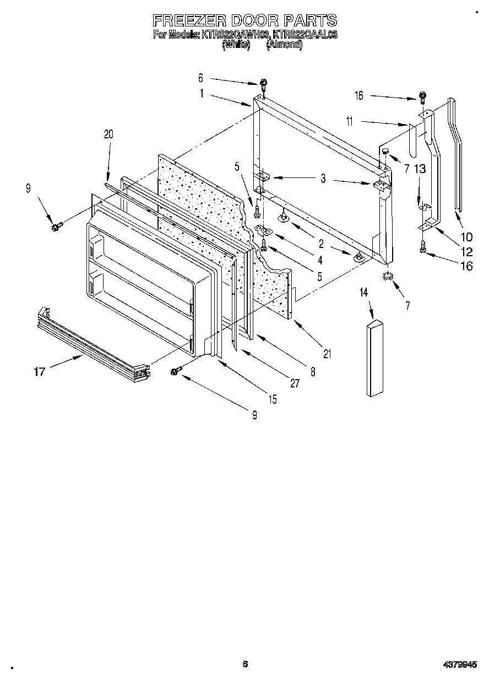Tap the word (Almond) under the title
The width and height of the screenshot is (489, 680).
[x=284, y=45]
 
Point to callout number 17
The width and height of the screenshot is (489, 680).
[x=39, y=372]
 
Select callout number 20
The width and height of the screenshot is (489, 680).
[x=108, y=133]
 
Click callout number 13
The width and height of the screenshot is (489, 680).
[x=419, y=169]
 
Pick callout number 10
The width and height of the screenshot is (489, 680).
[x=466, y=238]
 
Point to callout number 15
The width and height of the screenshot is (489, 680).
[x=273, y=400]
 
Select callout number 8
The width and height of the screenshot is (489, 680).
[x=312, y=371]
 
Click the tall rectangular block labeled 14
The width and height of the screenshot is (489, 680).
[x=374, y=358]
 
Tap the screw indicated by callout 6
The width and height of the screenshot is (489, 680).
[x=264, y=84]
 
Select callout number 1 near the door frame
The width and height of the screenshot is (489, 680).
[x=202, y=94]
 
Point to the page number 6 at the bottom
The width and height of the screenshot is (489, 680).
[x=245, y=664]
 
